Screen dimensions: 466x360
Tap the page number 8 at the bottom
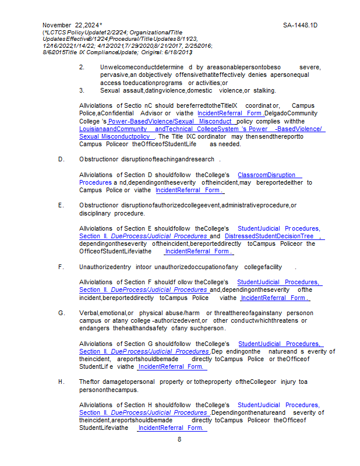click(x=179, y=439)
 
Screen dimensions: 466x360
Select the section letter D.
click(x=61, y=158)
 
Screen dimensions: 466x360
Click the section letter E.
click(x=61, y=206)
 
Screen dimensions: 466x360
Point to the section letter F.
click(x=61, y=267)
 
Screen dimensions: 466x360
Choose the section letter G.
click(x=61, y=313)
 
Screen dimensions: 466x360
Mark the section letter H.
click(x=61, y=382)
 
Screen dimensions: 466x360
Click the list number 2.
click(x=82, y=68)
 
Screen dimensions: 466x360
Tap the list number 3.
click(x=82, y=90)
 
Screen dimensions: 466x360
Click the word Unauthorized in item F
click(x=100, y=267)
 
